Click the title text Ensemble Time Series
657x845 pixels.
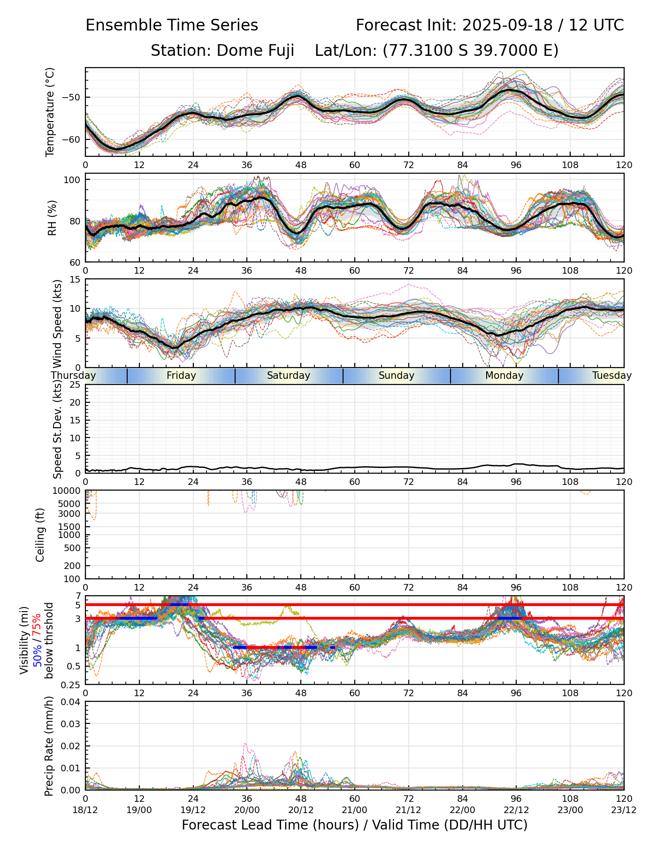tap(172, 25)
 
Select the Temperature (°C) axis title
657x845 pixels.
tap(50, 112)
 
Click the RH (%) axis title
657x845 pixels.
tap(52, 217)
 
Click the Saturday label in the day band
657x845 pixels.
tap(289, 376)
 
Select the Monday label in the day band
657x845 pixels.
tap(504, 376)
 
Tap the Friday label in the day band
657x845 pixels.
tap(181, 376)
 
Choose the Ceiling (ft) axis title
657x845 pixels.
tap(40, 535)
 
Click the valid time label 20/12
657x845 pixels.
tap(301, 810)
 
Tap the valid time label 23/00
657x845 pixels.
tap(570, 810)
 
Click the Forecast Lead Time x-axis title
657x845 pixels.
tap(354, 825)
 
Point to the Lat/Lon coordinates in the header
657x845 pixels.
tap(436, 50)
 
